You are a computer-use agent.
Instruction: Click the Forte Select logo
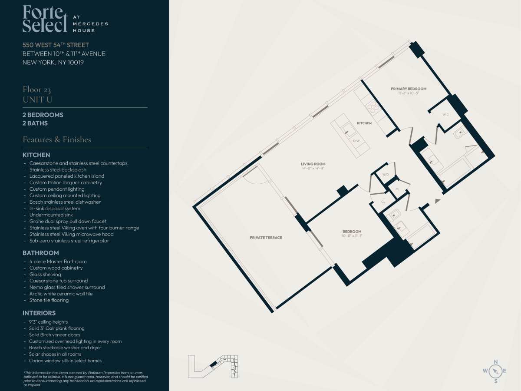65,19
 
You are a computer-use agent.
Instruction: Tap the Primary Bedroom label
409,89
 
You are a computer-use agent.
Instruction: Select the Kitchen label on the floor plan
364,123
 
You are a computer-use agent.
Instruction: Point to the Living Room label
313,164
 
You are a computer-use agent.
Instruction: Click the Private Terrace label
266,238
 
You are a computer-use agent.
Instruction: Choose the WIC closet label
445,115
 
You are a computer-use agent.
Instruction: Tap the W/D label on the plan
386,175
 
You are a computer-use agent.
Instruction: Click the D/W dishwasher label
356,141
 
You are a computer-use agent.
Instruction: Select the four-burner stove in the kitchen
373,108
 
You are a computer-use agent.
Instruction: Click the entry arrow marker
438,201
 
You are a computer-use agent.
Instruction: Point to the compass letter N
496,362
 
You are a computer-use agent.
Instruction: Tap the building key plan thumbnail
213,367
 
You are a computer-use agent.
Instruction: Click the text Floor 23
37,90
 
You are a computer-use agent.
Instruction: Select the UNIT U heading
37,100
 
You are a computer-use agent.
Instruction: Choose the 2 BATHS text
35,123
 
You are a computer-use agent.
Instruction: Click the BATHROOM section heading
40,253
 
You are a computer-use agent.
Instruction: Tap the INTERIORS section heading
39,313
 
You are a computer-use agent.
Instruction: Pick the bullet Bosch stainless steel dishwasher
65,202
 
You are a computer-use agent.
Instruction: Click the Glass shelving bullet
45,275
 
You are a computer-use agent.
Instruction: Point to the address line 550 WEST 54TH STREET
56,45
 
